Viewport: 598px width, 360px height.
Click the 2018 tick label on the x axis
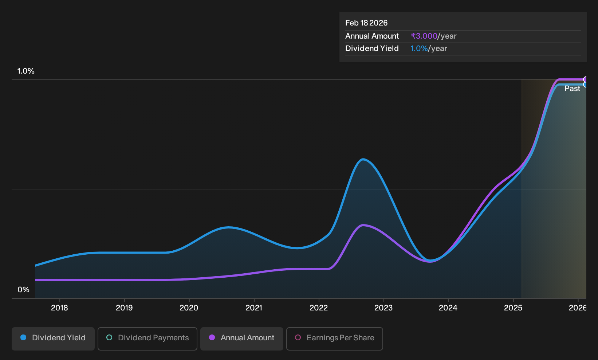(59, 308)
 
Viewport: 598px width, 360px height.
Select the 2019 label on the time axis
(124, 308)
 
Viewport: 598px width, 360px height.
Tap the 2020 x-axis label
(189, 308)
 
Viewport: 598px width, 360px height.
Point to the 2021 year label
(253, 308)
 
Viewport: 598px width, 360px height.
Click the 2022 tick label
(319, 308)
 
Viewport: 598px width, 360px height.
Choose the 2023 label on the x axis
(383, 308)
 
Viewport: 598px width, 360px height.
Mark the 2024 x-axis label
(448, 308)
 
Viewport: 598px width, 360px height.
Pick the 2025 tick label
(513, 308)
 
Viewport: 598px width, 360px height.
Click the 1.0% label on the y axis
(26, 71)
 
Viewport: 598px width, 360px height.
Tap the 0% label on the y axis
(24, 290)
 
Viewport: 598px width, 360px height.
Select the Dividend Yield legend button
(53, 339)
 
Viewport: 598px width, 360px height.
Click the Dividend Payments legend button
(147, 339)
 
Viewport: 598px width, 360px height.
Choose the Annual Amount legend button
(241, 339)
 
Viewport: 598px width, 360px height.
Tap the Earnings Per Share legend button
(334, 339)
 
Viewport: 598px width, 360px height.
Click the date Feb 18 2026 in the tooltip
(366, 23)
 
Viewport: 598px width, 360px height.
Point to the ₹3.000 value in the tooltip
(424, 36)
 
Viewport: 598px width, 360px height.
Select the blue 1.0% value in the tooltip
(419, 48)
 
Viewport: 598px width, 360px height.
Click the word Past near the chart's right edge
(572, 89)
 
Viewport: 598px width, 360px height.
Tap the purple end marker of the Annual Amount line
(585, 79)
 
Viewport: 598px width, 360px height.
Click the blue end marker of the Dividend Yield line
(585, 85)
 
